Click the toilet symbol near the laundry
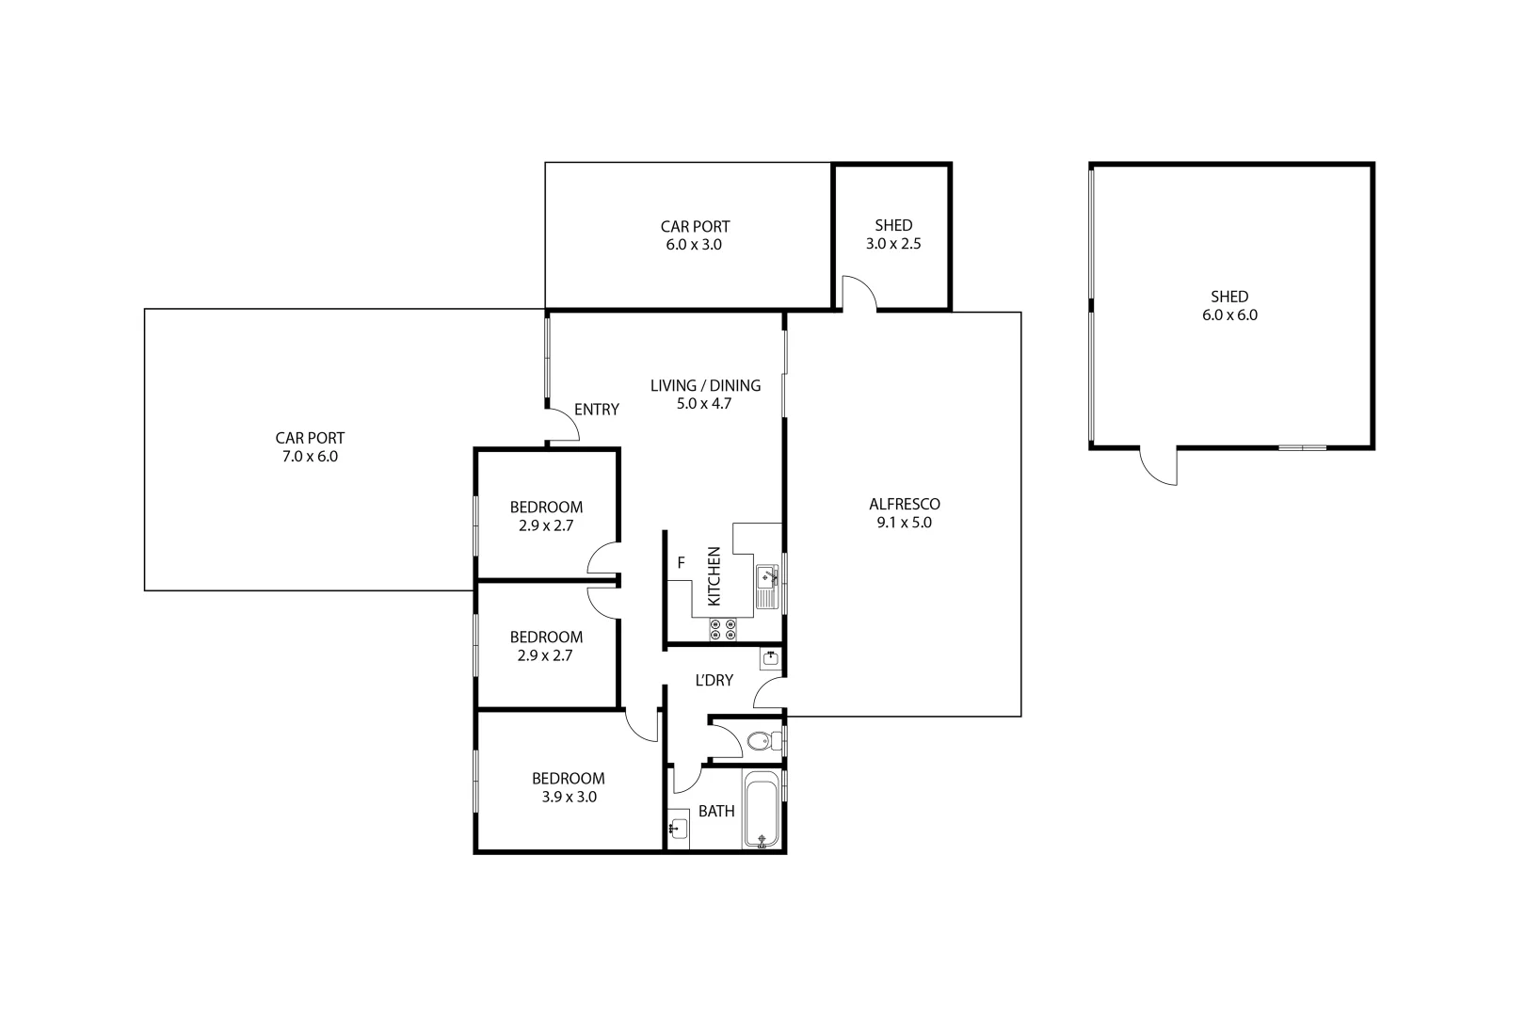760,741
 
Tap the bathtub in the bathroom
762,811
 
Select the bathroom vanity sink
678,829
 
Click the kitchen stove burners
724,629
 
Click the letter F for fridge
681,563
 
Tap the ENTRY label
596,410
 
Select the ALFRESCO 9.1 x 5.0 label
904,513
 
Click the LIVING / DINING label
705,395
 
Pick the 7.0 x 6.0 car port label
310,447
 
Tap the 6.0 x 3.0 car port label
695,235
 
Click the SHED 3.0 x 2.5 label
892,234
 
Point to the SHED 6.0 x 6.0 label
1229,306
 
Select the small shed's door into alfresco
859,293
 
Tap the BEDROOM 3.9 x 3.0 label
568,787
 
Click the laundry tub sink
771,657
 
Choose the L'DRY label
714,680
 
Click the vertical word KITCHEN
714,576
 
